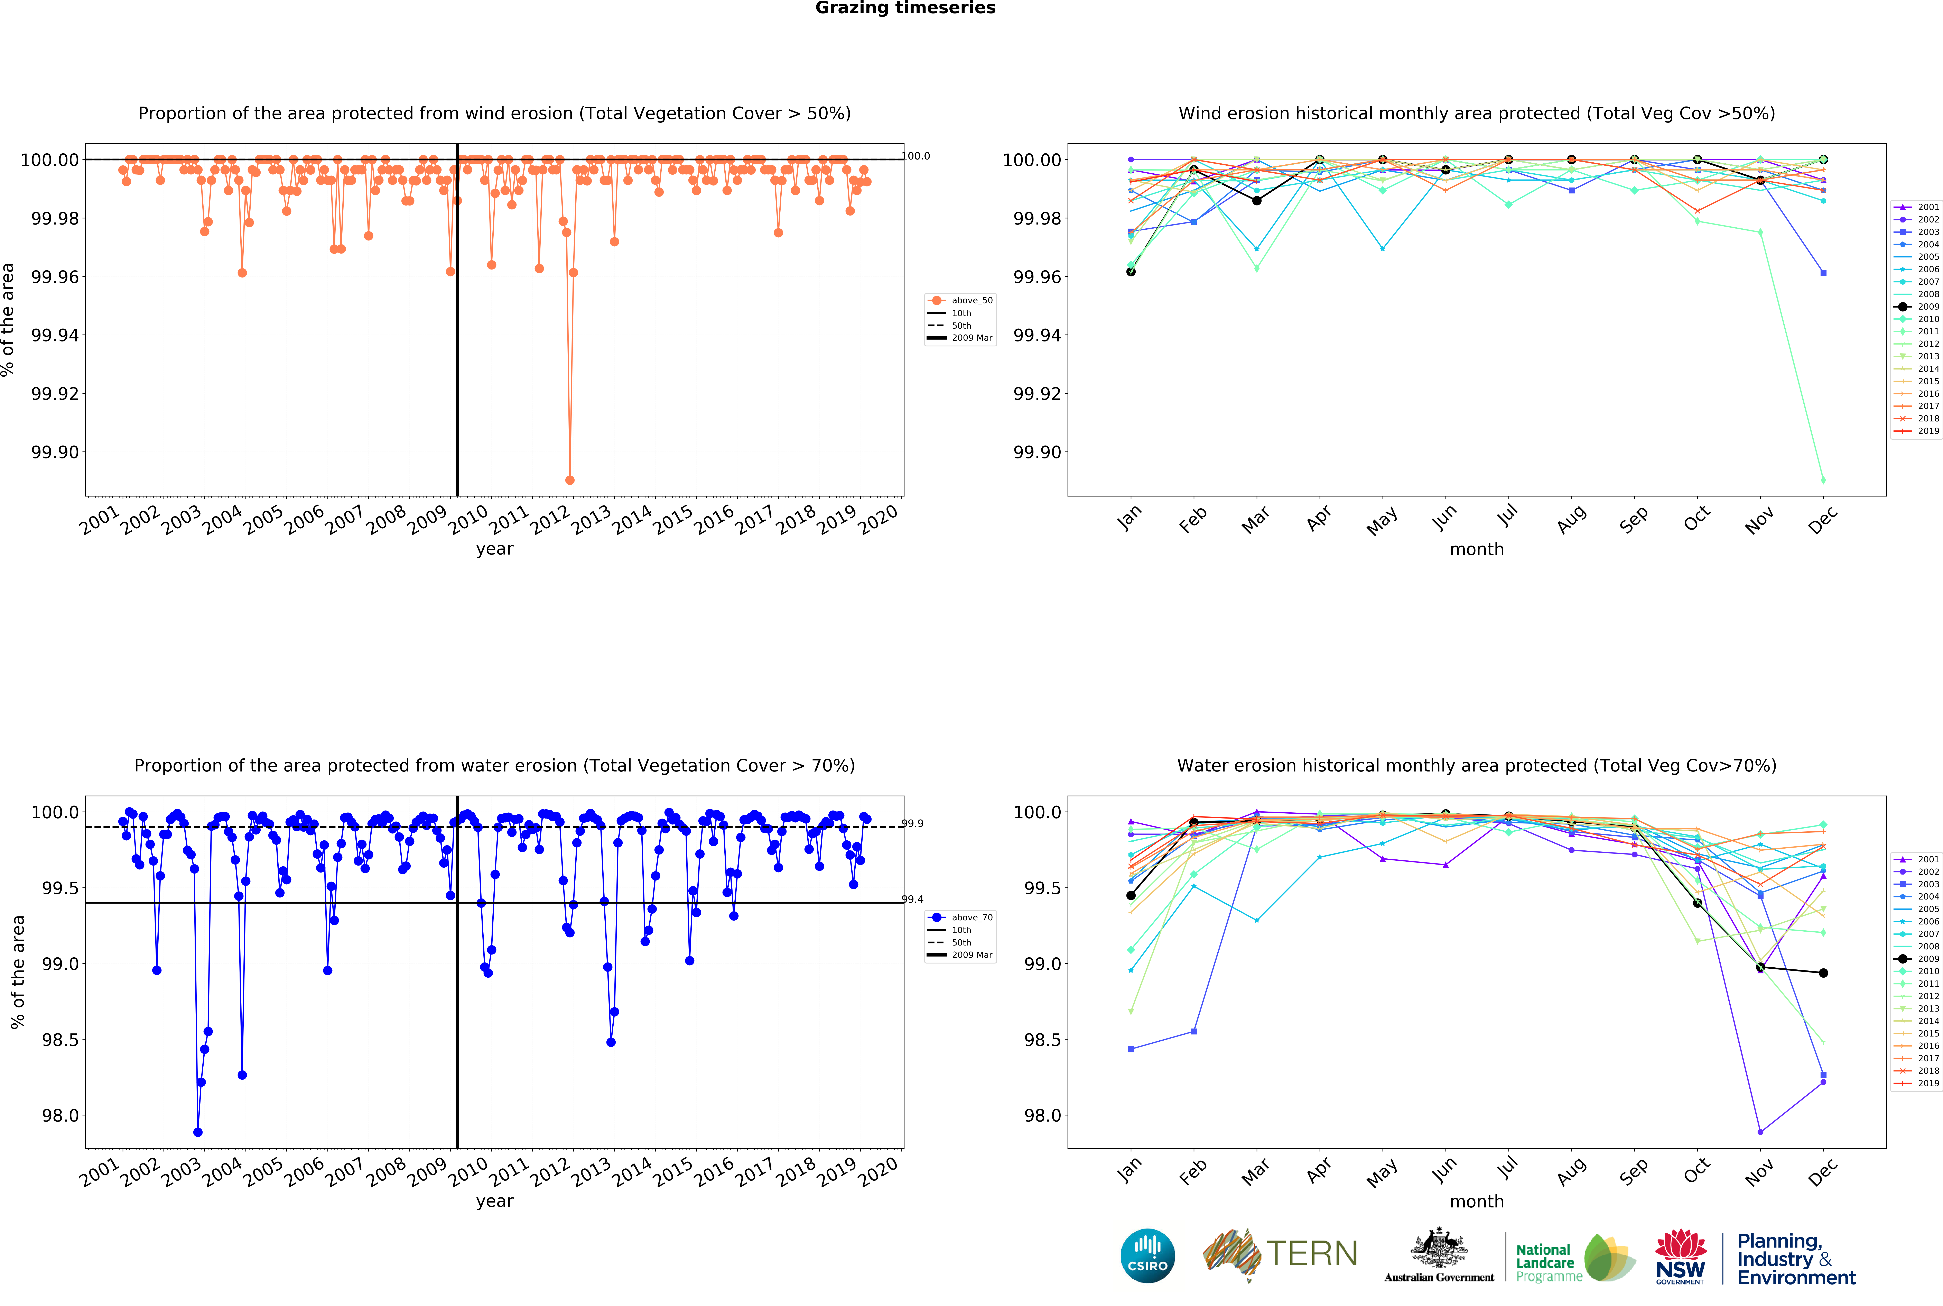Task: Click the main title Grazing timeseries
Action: click(905, 8)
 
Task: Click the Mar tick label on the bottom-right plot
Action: click(1255, 1172)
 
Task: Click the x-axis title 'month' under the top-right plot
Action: click(1476, 550)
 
